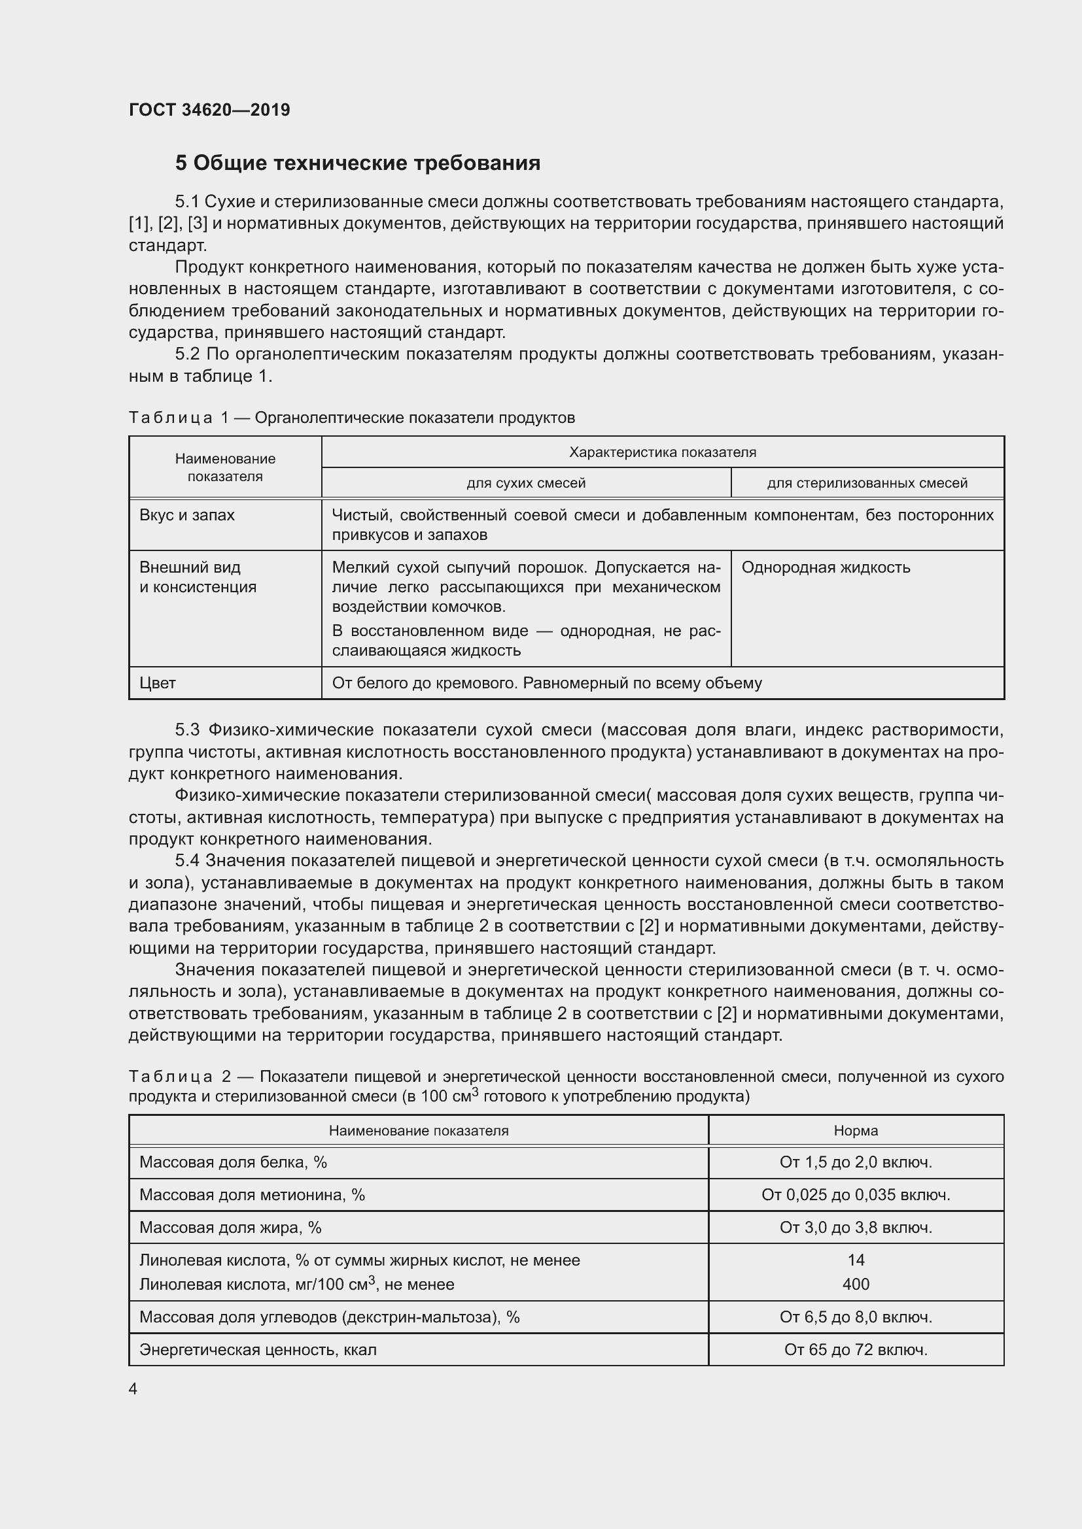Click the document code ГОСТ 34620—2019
point(209,110)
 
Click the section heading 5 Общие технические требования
point(358,163)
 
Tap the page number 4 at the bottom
point(133,1388)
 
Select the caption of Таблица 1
point(351,418)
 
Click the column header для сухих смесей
point(526,483)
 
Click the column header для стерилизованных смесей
point(867,483)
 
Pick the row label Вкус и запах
point(186,514)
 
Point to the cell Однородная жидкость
point(826,567)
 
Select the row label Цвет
point(157,682)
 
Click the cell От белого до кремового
point(546,682)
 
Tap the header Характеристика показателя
point(662,452)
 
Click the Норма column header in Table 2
point(856,1130)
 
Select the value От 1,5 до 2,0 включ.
point(856,1162)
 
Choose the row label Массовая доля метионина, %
point(252,1195)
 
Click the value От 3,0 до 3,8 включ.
point(856,1228)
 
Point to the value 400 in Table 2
point(856,1284)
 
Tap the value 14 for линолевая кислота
point(856,1260)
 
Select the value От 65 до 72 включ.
point(856,1350)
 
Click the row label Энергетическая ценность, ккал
point(258,1350)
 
